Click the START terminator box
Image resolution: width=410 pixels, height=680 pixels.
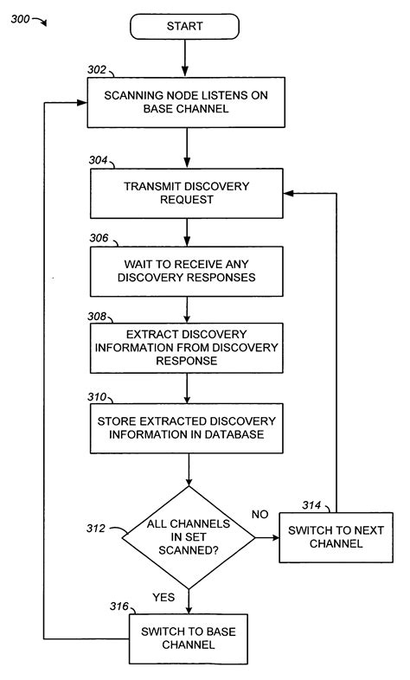click(184, 27)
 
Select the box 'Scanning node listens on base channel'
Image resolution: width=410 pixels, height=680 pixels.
click(186, 102)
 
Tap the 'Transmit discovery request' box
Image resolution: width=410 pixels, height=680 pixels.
click(186, 192)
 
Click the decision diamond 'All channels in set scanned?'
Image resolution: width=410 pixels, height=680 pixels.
click(188, 539)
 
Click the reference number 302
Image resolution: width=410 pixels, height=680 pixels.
click(98, 70)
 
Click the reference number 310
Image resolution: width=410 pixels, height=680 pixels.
click(98, 397)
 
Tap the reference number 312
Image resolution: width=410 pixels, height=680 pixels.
click(95, 529)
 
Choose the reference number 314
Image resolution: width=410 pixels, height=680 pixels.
click(312, 504)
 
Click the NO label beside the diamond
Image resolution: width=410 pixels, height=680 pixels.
click(259, 514)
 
